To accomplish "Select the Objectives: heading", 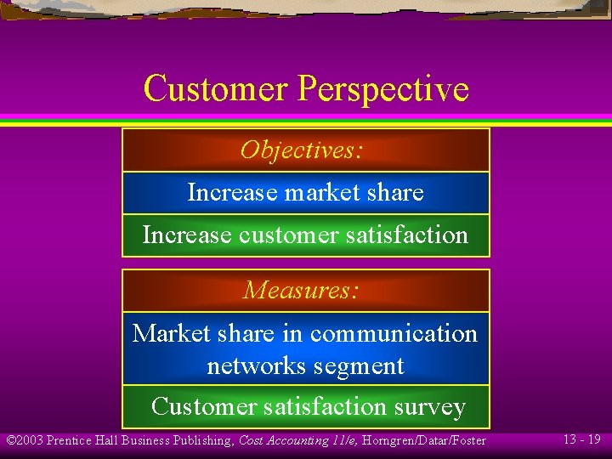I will [302, 150].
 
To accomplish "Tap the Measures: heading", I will [301, 291].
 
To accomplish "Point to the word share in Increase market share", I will [396, 193].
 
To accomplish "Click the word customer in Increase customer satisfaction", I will [279, 235].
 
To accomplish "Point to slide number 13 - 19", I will [581, 439].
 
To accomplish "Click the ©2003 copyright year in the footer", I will [25, 440].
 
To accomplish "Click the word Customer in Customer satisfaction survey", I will [201, 407].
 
